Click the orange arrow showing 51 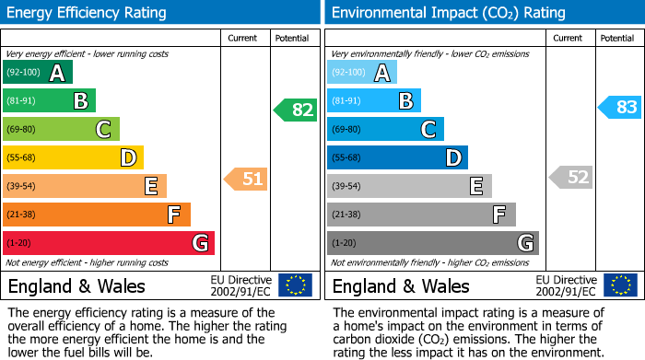point(247,179)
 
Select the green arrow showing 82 point(296,110)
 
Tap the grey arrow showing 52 point(571,177)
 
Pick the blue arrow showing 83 point(620,107)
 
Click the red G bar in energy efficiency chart point(108,243)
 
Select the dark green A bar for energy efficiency point(37,73)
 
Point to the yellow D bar point(72,157)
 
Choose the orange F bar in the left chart point(96,215)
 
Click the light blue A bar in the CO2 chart point(361,73)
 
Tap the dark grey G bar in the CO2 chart point(432,243)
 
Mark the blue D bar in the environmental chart point(397,157)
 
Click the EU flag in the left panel point(295,285)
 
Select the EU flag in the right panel point(619,285)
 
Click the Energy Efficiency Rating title point(88,13)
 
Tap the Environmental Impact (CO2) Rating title point(448,13)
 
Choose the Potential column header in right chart point(617,38)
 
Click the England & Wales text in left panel point(76,285)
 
